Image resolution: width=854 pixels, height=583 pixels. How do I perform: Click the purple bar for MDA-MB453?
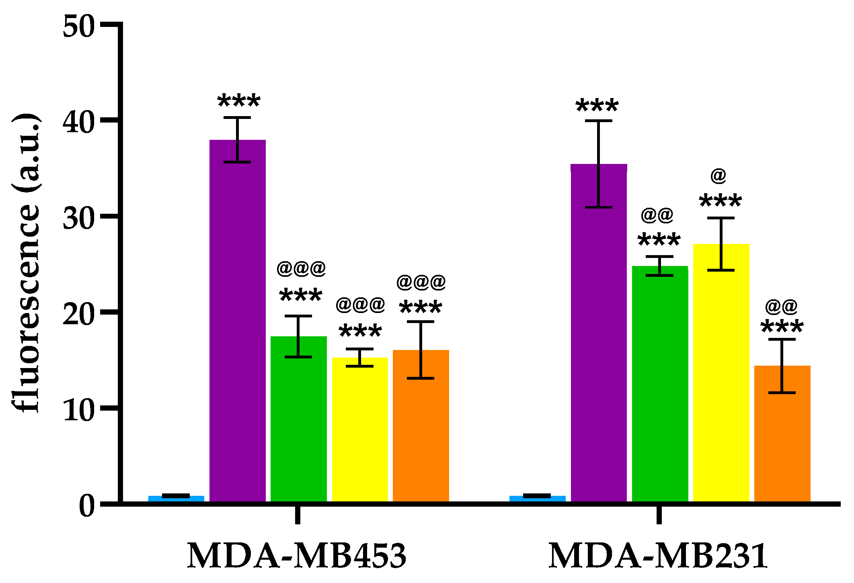point(238,321)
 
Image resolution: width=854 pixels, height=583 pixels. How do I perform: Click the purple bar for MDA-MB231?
point(599,333)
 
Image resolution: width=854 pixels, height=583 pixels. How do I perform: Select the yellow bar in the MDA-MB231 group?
point(721,374)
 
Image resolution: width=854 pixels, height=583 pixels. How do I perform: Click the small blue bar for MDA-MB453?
point(176,498)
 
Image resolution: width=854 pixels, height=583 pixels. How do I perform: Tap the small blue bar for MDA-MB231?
point(537,498)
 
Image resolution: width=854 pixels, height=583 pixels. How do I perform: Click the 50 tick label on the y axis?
point(79,27)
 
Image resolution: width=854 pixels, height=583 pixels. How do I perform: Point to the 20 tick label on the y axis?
point(79,314)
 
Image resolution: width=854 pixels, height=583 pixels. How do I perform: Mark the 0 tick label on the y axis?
point(87,506)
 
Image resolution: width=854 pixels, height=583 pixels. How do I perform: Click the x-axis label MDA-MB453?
point(297,556)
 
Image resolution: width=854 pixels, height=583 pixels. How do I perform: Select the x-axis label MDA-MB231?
point(658,556)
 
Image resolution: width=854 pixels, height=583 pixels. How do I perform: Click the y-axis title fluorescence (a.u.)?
point(26,263)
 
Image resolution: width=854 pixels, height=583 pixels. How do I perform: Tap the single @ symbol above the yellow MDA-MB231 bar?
point(719,176)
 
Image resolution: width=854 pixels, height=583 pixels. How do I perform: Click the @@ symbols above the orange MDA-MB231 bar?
point(781,307)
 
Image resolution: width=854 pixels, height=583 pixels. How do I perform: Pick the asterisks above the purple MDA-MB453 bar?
point(239,101)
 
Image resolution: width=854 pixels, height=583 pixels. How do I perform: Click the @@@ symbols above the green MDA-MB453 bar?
point(301,268)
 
